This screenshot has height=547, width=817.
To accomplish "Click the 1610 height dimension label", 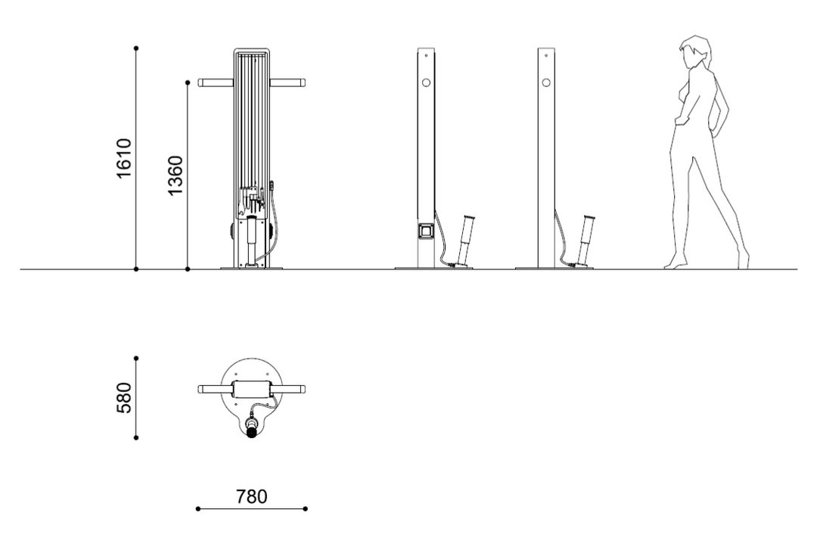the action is click(x=124, y=158).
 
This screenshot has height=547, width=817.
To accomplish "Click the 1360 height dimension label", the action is click(x=176, y=176).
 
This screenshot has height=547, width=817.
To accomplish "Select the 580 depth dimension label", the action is click(x=124, y=398).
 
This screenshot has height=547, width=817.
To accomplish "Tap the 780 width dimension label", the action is click(x=252, y=496).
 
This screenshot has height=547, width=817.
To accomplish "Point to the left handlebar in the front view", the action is click(x=216, y=82).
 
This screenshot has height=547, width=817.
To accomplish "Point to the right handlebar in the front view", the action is click(x=287, y=82).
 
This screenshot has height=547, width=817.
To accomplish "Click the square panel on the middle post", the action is click(x=426, y=230).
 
